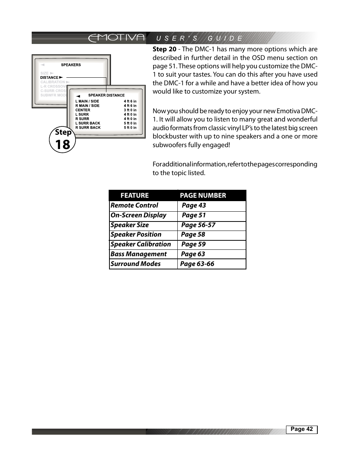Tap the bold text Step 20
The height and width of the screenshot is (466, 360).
[x=164, y=49]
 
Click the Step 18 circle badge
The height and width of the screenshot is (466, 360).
[x=63, y=140]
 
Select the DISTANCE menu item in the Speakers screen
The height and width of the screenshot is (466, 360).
[x=49, y=77]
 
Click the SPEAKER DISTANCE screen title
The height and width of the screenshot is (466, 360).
[x=106, y=95]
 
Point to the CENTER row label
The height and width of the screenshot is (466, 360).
[x=83, y=110]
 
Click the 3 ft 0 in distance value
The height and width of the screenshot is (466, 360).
[x=130, y=110]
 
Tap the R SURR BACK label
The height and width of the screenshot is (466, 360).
[x=88, y=128]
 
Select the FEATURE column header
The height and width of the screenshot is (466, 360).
[x=134, y=195]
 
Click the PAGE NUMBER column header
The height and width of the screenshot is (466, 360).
[x=203, y=195]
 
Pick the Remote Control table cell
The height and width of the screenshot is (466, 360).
[x=134, y=205]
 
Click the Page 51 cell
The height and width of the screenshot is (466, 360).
[x=194, y=215]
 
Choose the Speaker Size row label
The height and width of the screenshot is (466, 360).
[x=129, y=225]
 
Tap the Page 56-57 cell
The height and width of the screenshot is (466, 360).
[x=198, y=225]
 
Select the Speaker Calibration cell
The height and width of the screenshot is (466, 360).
[x=140, y=244]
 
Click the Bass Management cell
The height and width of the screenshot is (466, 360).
[x=138, y=254]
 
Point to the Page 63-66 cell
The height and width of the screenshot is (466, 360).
[x=197, y=264]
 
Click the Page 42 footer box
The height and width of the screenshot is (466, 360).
[x=302, y=429]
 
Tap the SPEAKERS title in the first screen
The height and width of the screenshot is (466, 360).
[x=71, y=65]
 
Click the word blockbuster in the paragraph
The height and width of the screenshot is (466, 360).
[x=170, y=137]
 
